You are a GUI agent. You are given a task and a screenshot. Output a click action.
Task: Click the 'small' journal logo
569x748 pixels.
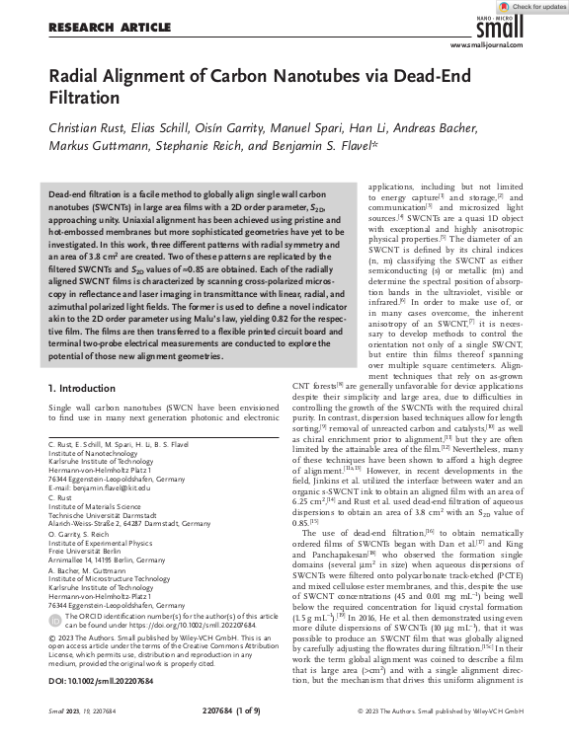pos(524,31)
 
